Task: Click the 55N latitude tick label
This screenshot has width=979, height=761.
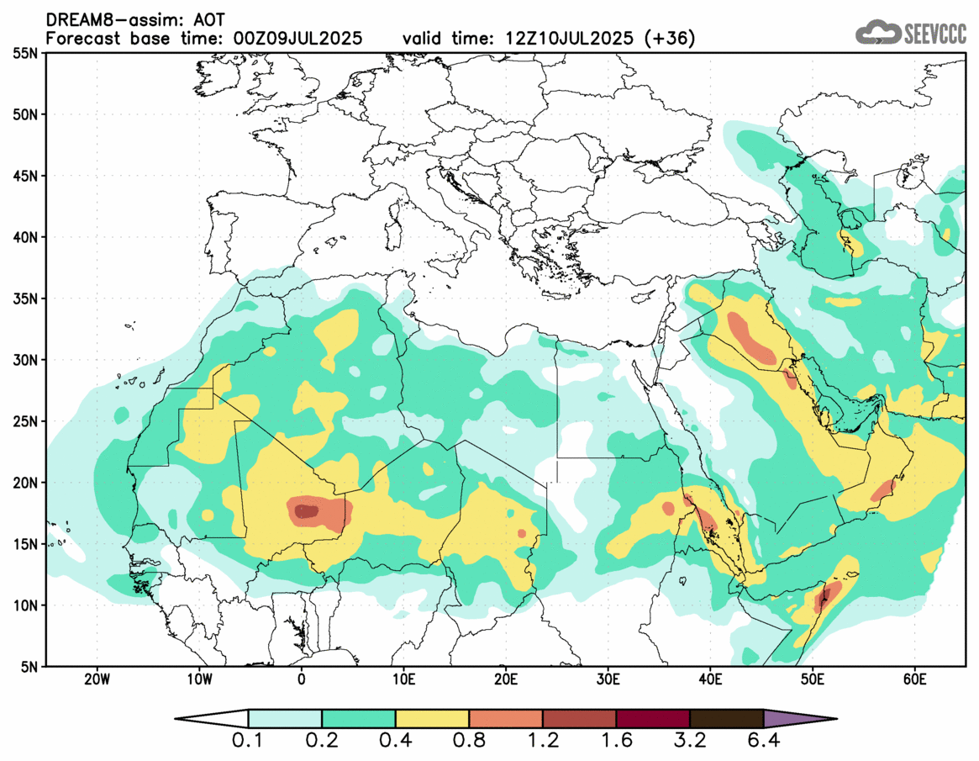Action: (25, 53)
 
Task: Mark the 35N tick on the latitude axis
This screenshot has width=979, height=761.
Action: (25, 299)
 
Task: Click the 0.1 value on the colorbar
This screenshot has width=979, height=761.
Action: (249, 743)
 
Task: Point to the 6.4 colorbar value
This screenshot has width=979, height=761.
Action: (763, 743)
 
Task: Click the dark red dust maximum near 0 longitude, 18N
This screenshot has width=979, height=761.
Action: (304, 510)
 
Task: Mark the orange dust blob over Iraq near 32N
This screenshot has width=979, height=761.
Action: (750, 337)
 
